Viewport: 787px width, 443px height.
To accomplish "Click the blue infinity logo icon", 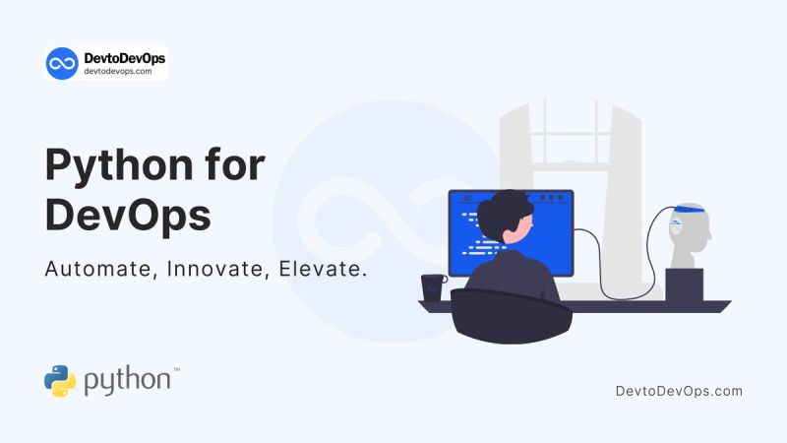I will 62,63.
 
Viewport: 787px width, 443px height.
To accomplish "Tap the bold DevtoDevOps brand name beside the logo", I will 124,58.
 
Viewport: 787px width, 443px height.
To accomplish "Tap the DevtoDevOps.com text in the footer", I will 678,391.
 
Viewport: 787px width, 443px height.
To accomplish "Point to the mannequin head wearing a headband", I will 688,236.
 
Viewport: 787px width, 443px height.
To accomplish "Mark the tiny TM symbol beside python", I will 176,370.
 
